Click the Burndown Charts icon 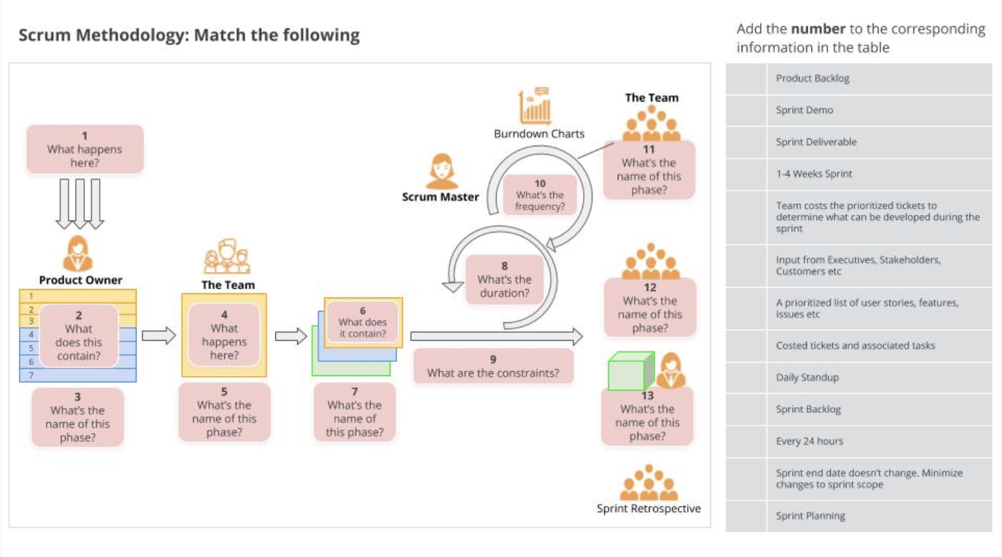point(535,107)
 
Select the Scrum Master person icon point(441,172)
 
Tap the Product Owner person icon point(78,253)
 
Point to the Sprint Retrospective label point(649,508)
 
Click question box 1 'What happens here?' point(85,149)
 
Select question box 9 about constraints point(493,366)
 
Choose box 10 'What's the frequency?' point(540,195)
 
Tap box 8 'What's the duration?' point(504,279)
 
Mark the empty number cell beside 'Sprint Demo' point(746,110)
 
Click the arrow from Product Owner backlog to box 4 point(159,336)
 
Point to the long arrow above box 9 point(495,336)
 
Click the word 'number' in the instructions point(818,29)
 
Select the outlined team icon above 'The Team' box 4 point(227,257)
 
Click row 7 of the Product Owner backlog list point(78,375)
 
